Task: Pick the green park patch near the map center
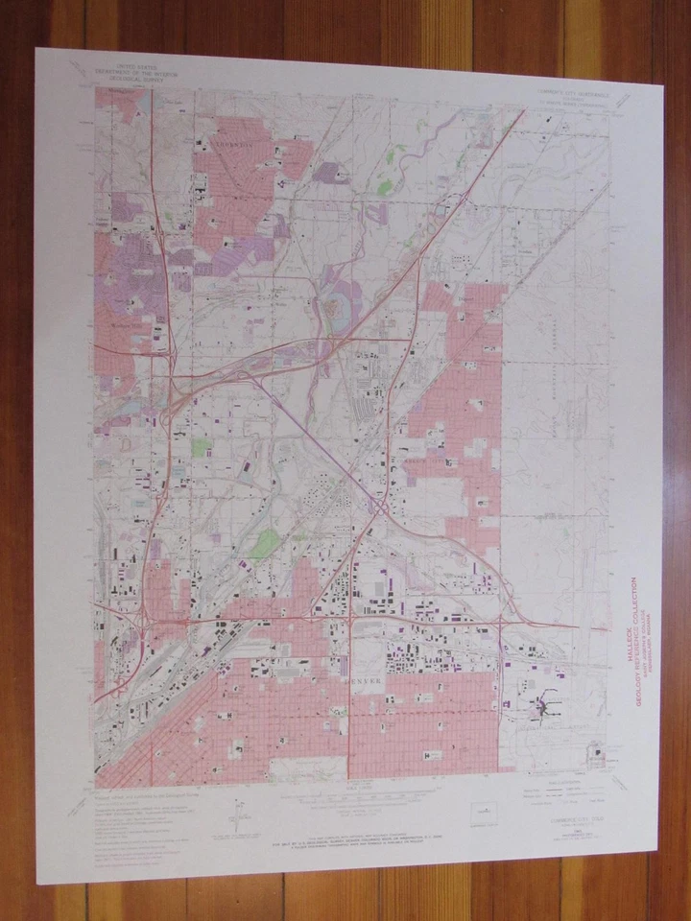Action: point(265,544)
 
